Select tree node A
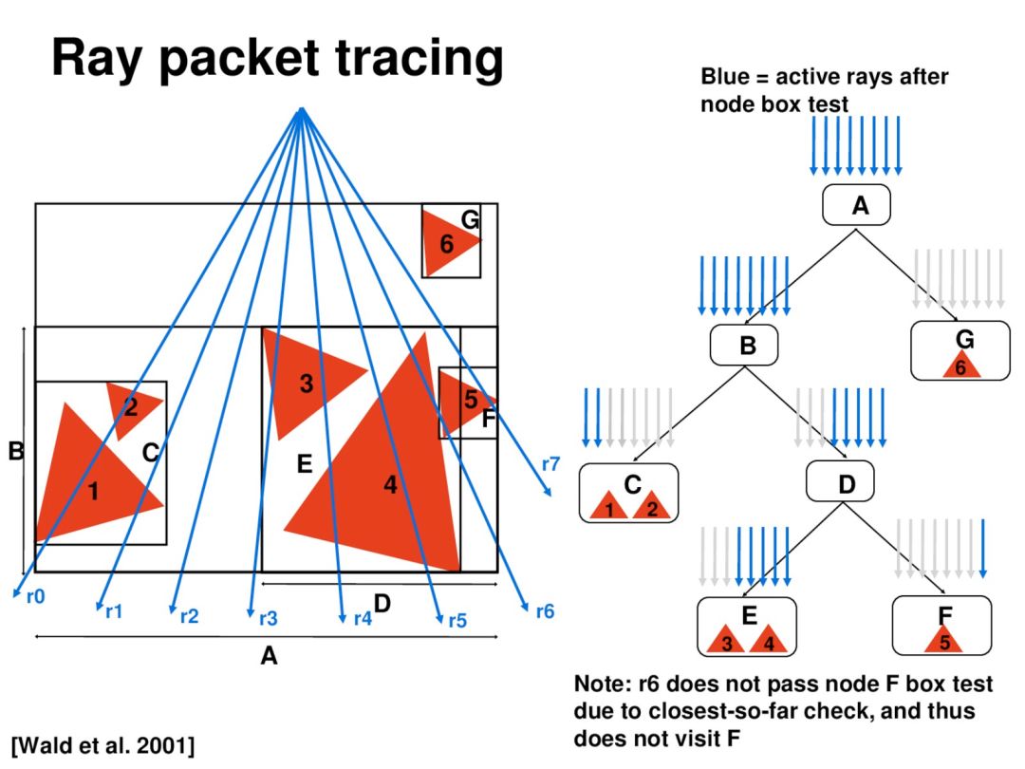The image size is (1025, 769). [859, 205]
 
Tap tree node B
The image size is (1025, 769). [745, 345]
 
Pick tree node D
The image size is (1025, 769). [845, 483]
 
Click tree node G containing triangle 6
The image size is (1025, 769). [960, 350]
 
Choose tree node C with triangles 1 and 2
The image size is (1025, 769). [629, 492]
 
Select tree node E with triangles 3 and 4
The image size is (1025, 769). [747, 627]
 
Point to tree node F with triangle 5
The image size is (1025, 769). [943, 626]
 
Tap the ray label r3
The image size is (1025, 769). [269, 619]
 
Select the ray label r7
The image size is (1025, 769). [550, 464]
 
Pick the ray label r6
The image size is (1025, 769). [545, 611]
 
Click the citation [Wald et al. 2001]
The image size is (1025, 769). [103, 744]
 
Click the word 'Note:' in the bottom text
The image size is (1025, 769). [602, 684]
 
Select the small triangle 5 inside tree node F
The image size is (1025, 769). [943, 641]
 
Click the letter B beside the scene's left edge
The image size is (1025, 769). [15, 451]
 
